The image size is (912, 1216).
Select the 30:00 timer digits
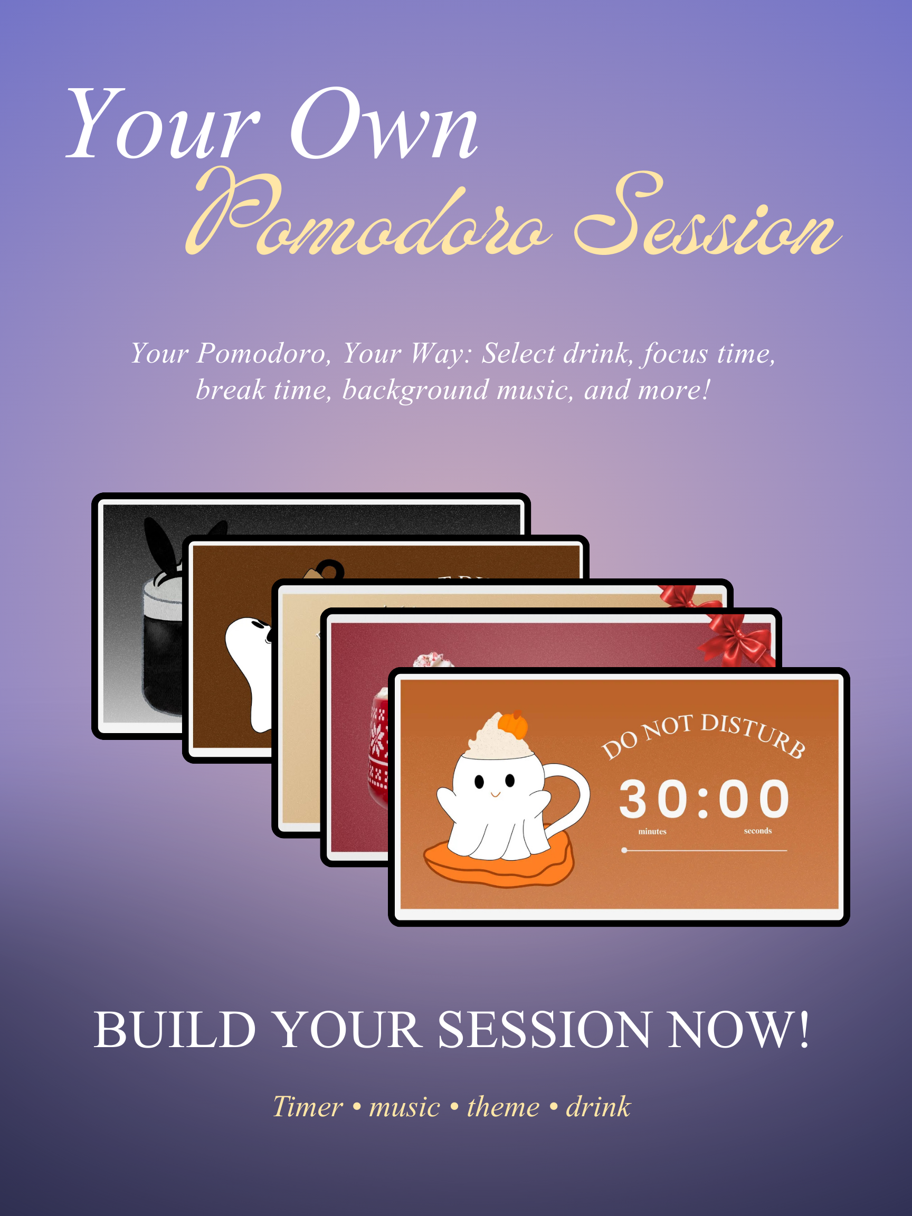point(704,799)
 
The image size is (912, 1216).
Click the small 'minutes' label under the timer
point(652,832)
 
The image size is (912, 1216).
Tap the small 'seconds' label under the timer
point(757,831)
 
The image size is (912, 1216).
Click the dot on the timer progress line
point(624,850)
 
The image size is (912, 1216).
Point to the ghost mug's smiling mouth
point(495,794)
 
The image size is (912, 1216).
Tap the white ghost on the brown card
point(249,673)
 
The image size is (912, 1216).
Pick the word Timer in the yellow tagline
point(308,1107)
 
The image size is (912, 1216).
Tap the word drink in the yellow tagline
point(598,1107)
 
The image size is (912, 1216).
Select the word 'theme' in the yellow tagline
point(503,1107)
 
